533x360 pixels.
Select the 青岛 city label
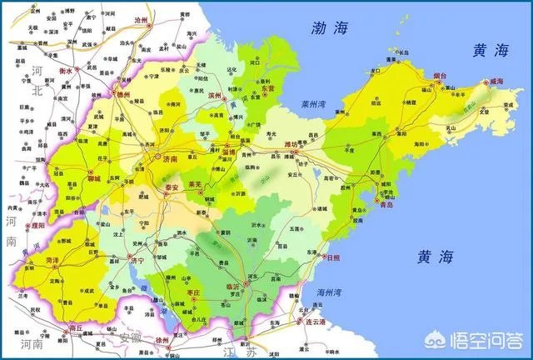tap(384, 205)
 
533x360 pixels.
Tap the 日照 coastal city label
tap(333, 258)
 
